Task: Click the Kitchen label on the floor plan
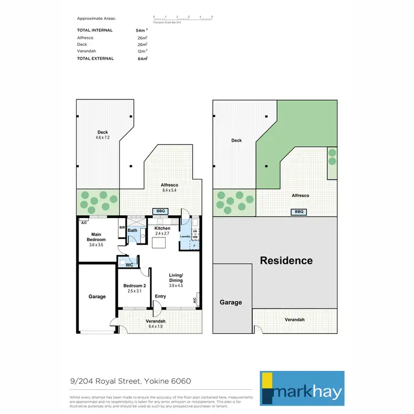[162, 228]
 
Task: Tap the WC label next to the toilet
[130, 265]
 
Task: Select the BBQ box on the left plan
[161, 211]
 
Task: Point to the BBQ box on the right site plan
[299, 211]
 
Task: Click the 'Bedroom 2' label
[135, 286]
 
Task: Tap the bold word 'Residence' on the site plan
[286, 261]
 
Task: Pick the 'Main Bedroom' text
[96, 237]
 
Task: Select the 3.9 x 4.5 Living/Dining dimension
[176, 285]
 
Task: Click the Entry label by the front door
[160, 296]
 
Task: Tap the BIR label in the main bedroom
[121, 227]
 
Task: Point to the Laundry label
[185, 236]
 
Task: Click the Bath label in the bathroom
[132, 230]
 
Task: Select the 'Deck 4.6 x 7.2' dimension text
[103, 137]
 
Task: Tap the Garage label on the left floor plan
[97, 296]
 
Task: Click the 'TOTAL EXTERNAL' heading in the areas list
[95, 59]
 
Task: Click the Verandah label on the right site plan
[294, 320]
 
